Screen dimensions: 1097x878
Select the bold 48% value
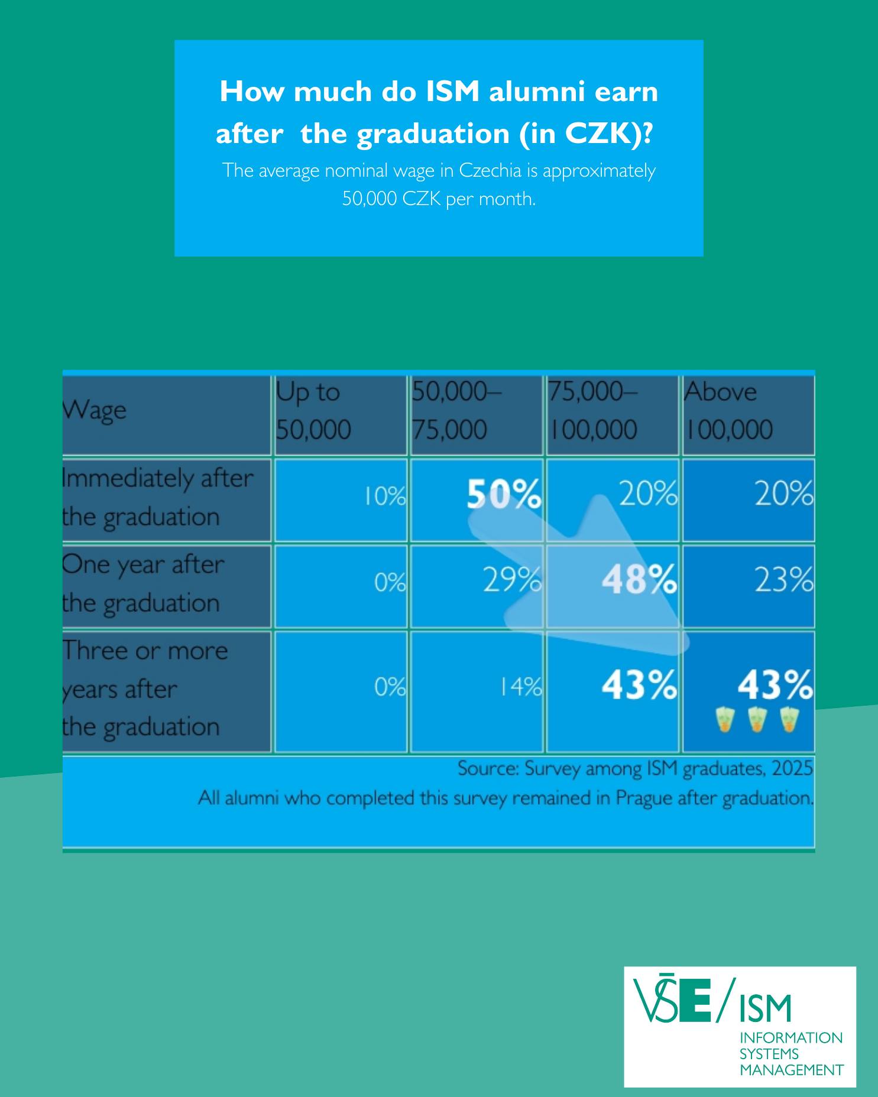(639, 580)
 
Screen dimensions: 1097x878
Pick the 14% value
(520, 686)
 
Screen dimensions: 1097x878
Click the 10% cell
(384, 496)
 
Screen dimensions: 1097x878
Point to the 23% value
(783, 580)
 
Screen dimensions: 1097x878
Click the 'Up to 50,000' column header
(314, 411)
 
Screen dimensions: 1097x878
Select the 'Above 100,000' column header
(728, 411)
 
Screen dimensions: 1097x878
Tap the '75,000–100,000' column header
(592, 411)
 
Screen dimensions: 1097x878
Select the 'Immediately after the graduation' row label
(157, 497)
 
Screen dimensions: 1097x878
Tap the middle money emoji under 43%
(756, 719)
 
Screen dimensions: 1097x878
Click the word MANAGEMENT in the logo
(791, 1070)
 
